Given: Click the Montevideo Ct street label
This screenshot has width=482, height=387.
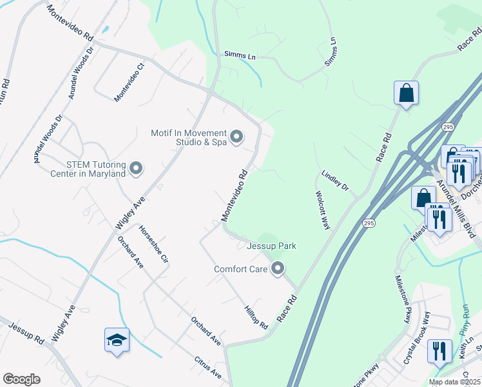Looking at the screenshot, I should tap(130, 83).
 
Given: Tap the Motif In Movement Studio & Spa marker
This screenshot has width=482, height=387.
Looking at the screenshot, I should tap(236, 136).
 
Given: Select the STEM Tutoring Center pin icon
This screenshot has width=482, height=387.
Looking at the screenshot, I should tap(136, 168).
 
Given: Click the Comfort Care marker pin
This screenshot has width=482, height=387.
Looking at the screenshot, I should tap(278, 268).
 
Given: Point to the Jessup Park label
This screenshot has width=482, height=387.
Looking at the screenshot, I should tap(271, 246).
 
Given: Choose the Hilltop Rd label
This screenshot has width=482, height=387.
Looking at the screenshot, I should tap(256, 317).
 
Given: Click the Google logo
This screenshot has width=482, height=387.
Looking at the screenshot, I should tap(21, 379).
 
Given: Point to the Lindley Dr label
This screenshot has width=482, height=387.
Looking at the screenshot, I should tap(335, 181).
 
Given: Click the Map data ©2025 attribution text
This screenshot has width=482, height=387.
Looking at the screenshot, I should tap(453, 382).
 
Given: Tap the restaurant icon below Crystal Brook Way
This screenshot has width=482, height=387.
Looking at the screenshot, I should tap(439, 352).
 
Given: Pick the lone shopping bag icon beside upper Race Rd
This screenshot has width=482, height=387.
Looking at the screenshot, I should tap(407, 93).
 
